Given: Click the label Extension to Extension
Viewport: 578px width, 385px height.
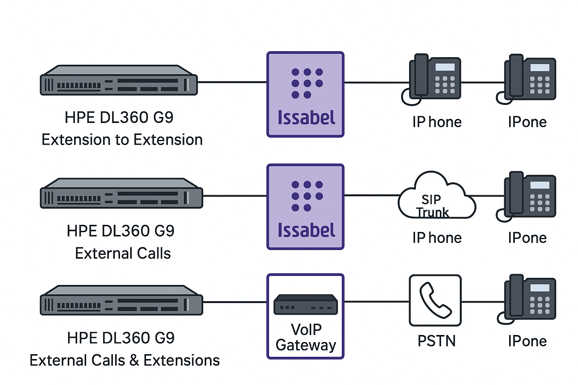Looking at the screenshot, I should point(122,140).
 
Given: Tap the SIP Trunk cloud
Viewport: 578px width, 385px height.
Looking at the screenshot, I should point(437,197).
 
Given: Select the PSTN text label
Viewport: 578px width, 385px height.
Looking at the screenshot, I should point(437,341).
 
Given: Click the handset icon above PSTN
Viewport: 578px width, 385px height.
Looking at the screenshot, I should point(435,300).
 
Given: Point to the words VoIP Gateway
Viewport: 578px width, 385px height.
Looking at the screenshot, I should point(306,337).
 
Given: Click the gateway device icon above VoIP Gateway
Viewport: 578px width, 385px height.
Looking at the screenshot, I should point(306,304).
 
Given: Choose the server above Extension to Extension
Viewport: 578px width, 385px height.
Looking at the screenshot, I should point(119,80).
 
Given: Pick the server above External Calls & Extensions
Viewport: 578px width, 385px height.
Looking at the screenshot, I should point(121,300).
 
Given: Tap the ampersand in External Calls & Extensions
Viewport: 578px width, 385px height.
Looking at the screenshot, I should point(134,361).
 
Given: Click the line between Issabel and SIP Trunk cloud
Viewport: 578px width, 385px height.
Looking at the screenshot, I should point(372,196).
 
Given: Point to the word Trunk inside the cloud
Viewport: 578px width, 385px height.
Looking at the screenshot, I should point(433,212).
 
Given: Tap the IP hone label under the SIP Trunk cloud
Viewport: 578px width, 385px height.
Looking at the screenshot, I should point(437,238).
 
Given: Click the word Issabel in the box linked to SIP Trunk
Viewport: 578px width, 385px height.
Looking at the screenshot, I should point(306,230).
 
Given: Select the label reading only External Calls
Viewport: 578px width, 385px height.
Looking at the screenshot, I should point(123,253).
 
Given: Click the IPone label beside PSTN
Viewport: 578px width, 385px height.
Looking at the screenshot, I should point(527,341).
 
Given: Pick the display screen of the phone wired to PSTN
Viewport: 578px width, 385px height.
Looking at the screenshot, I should point(540,288).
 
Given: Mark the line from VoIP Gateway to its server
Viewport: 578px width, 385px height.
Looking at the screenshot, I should point(235,302).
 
